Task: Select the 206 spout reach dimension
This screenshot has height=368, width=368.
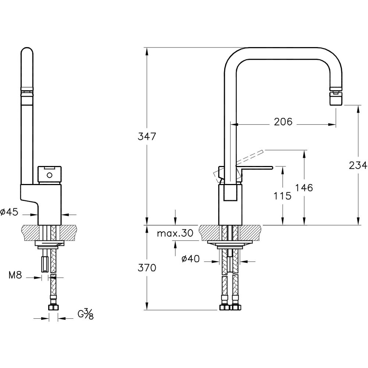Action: (x=283, y=121)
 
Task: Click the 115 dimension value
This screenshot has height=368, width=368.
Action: (x=283, y=196)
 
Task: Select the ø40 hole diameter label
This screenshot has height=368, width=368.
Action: (x=191, y=259)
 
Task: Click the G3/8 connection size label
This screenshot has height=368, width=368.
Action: (x=85, y=314)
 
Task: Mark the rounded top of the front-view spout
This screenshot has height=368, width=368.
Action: (x=28, y=53)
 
